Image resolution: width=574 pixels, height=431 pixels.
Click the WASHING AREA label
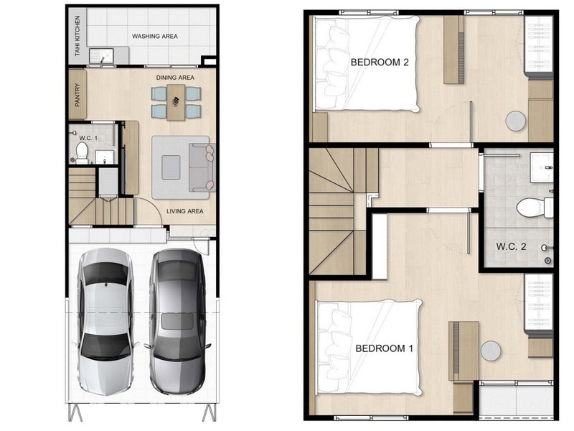[155, 37]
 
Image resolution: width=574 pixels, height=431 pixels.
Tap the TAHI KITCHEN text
[77, 36]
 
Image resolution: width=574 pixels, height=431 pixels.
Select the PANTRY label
[77, 95]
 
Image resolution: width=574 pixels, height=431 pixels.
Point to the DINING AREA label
[175, 78]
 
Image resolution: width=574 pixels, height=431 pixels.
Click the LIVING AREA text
[185, 211]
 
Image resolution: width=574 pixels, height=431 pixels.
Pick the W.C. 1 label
[88, 138]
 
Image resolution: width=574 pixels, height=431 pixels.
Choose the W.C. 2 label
[511, 246]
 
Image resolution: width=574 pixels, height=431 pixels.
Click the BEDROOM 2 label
[380, 62]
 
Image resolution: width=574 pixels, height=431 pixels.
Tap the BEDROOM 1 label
[384, 348]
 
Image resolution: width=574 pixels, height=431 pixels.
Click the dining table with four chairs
[176, 103]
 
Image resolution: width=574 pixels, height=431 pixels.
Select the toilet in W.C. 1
[82, 153]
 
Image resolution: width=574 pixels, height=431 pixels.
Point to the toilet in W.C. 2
[535, 208]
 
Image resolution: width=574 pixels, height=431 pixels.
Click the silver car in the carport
[105, 321]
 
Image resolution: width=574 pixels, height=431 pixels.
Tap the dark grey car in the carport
[177, 321]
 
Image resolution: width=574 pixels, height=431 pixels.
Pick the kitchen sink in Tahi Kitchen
[101, 56]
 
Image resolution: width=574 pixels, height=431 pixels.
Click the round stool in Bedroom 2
[516, 121]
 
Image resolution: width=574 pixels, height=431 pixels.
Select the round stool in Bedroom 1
[491, 351]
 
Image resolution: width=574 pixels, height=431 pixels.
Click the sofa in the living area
[202, 167]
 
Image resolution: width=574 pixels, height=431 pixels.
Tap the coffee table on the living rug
[171, 167]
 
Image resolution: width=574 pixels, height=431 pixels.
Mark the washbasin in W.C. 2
[542, 167]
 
